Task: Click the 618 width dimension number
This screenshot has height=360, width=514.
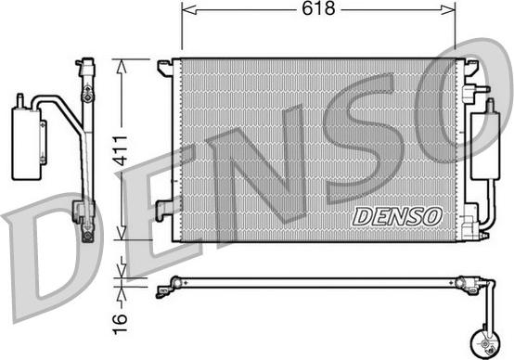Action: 318,8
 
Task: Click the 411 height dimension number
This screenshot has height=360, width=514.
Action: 120,150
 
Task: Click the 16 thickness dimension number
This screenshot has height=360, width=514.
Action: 120,324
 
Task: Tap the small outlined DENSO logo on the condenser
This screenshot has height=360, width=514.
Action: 397,216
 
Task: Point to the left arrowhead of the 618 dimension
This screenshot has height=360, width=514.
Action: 189,10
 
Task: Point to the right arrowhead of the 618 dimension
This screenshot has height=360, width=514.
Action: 448,10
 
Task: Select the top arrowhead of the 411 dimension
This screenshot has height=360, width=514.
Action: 122,67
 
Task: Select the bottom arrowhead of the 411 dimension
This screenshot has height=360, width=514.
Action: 122,231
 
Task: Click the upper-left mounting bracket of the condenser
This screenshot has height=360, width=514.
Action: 165,68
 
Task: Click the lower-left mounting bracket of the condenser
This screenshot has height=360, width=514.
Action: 164,210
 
